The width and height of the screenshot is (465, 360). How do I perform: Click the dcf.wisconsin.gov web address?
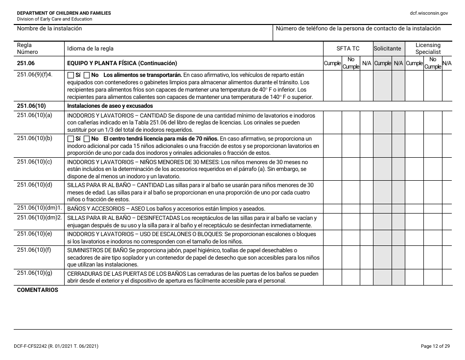tap(429, 13)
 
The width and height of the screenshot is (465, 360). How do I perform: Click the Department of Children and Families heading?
tap(64, 13)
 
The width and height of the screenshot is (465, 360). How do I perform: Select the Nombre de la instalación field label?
tap(49, 28)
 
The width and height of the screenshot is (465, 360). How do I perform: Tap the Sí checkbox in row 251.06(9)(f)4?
tap(70, 75)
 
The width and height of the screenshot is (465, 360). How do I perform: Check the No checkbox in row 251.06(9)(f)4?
tap(87, 75)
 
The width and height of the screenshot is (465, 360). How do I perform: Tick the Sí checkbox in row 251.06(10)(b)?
tap(70, 139)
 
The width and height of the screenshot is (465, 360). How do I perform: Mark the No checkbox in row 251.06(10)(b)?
tap(87, 139)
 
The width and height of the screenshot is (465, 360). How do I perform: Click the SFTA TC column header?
tap(348, 48)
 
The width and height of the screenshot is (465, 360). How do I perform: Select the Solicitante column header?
tap(387, 48)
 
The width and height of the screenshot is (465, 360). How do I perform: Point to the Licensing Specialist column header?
tap(428, 48)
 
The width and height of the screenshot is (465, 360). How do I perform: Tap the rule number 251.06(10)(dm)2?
tap(40, 217)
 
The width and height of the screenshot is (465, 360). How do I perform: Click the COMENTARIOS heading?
tap(37, 290)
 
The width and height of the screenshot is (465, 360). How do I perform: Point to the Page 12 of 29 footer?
tap(435, 346)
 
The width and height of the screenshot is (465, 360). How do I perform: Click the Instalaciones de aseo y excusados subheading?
tap(110, 106)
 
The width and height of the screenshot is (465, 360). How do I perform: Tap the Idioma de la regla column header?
tap(90, 48)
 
